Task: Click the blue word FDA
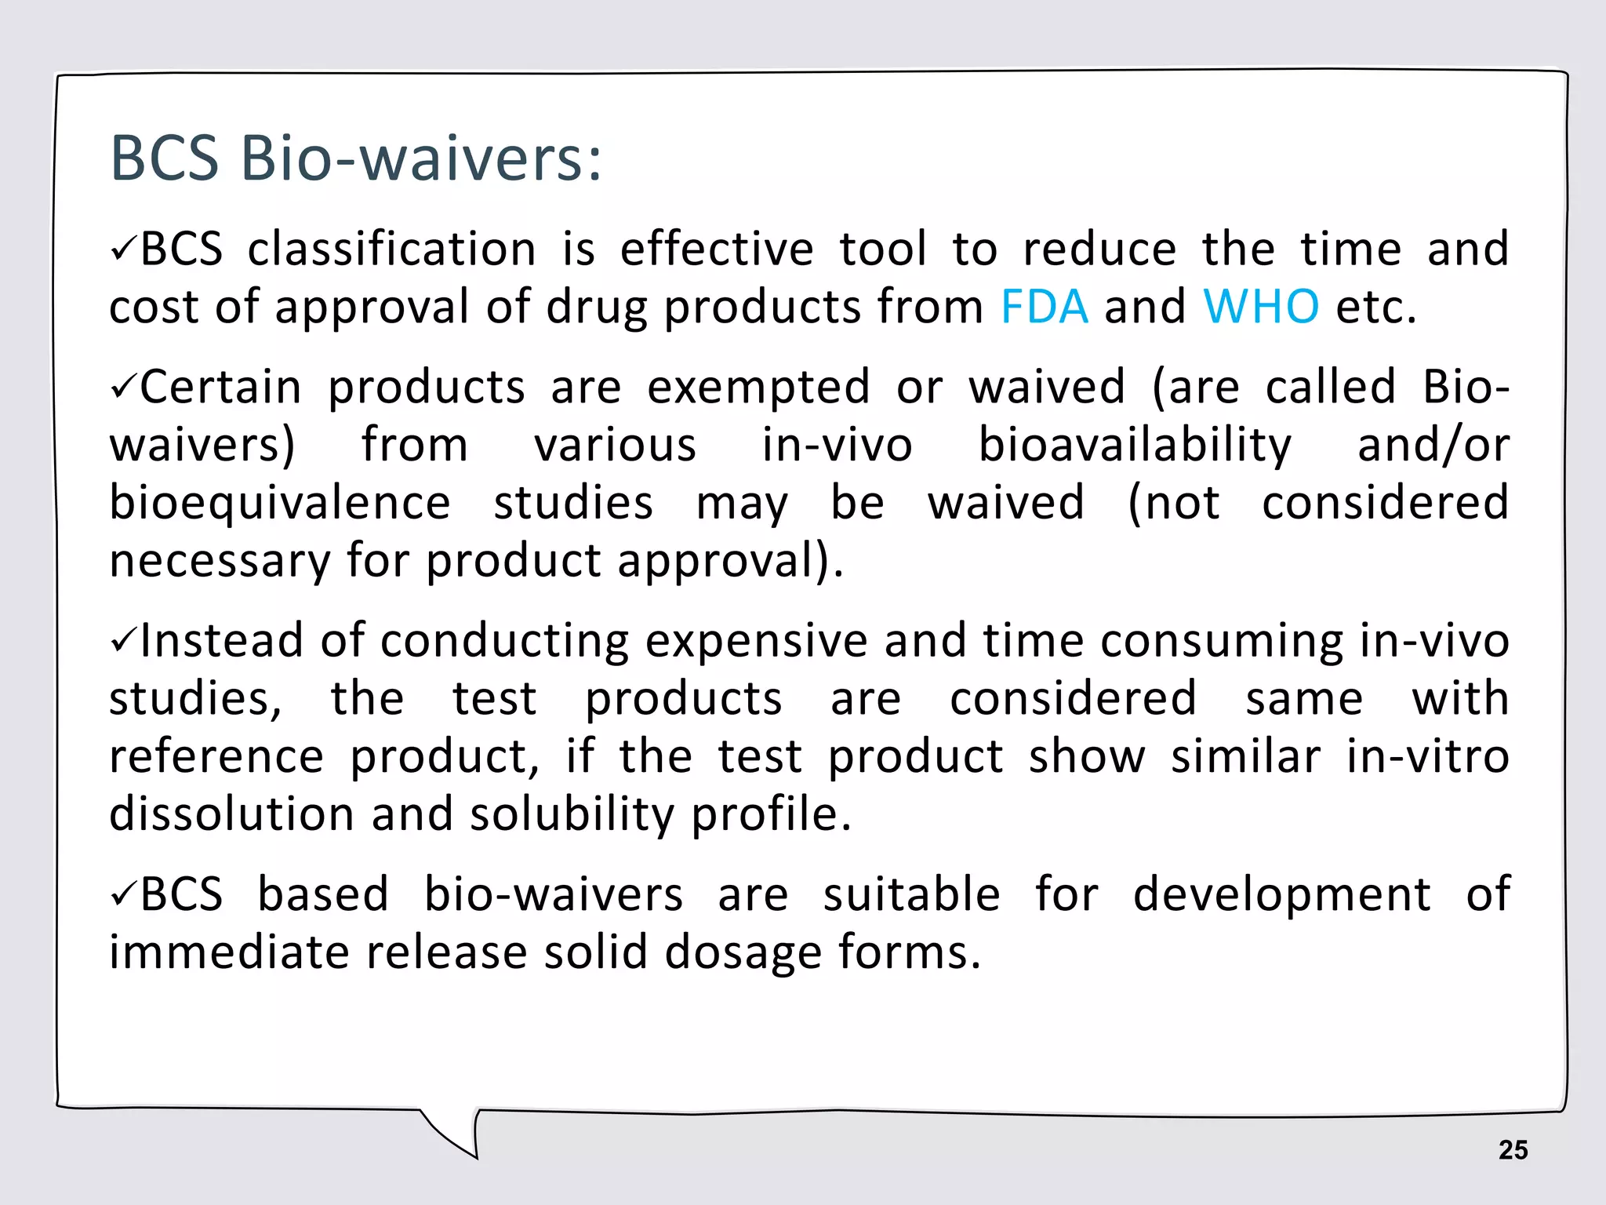[x=1045, y=306]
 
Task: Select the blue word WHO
[x=1261, y=306]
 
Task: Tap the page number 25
[x=1513, y=1150]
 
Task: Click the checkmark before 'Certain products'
[x=123, y=388]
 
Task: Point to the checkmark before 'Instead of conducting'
[x=123, y=641]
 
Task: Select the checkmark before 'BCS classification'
[x=123, y=249]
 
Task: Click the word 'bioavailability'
[x=1135, y=446]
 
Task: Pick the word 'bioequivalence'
[x=280, y=504]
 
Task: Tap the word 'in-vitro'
[x=1428, y=756]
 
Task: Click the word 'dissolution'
[x=231, y=814]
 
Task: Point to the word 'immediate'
[x=229, y=952]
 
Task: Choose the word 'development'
[x=1281, y=894]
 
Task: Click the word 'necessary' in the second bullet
[x=220, y=562]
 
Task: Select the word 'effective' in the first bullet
[x=717, y=249]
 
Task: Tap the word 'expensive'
[x=756, y=641]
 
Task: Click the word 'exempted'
[x=758, y=388]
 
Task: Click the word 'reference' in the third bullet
[x=216, y=756]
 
